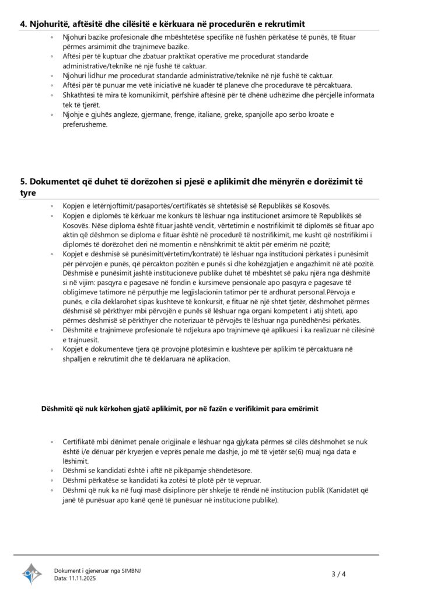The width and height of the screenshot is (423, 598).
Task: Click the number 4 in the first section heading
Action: point(23,23)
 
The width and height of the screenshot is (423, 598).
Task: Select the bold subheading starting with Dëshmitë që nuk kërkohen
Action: point(180,409)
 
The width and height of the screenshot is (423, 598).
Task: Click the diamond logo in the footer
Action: point(33,574)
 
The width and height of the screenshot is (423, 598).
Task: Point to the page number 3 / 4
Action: point(338,574)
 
